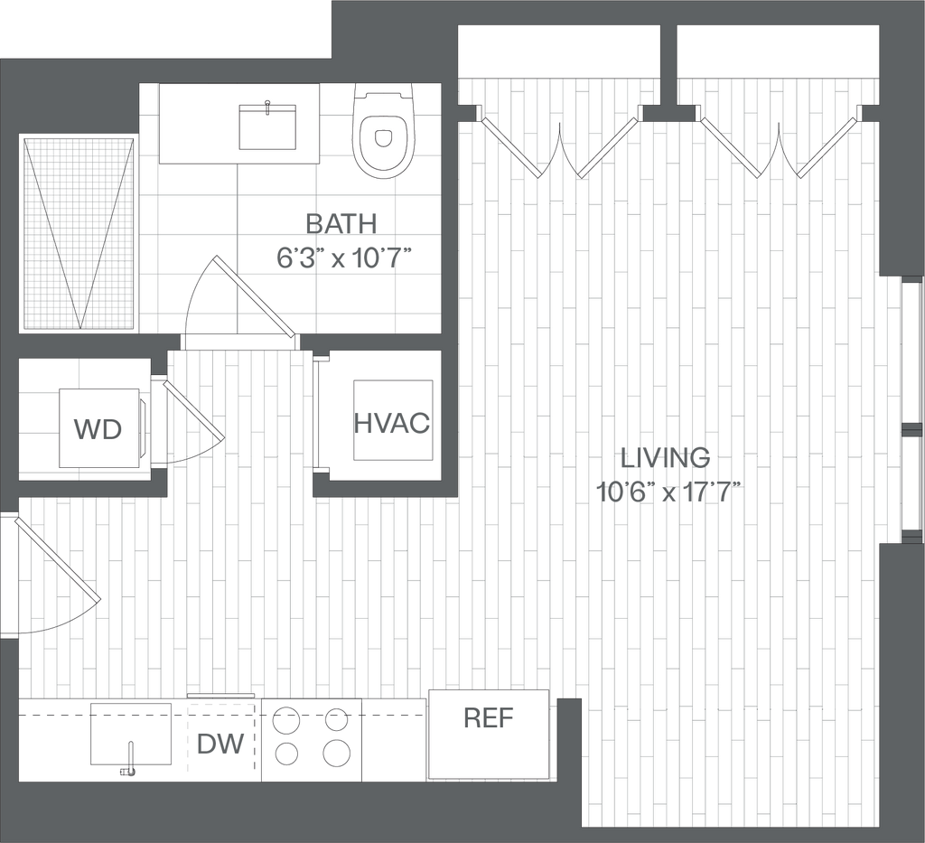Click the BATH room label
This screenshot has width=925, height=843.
341,224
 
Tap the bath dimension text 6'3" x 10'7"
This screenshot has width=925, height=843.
343,258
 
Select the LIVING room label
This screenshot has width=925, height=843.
666,457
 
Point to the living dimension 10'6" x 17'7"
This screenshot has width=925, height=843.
668,492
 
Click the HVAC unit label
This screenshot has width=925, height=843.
392,423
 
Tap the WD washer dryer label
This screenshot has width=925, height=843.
98,429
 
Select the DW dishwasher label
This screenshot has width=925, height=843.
220,744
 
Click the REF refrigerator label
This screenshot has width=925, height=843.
489,717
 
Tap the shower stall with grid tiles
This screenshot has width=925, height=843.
78,233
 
